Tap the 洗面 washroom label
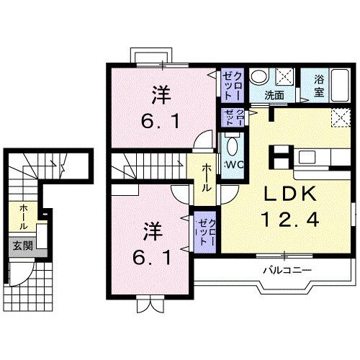pos(274,94)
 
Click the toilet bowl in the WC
pos(232,147)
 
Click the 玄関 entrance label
pos(19,246)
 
